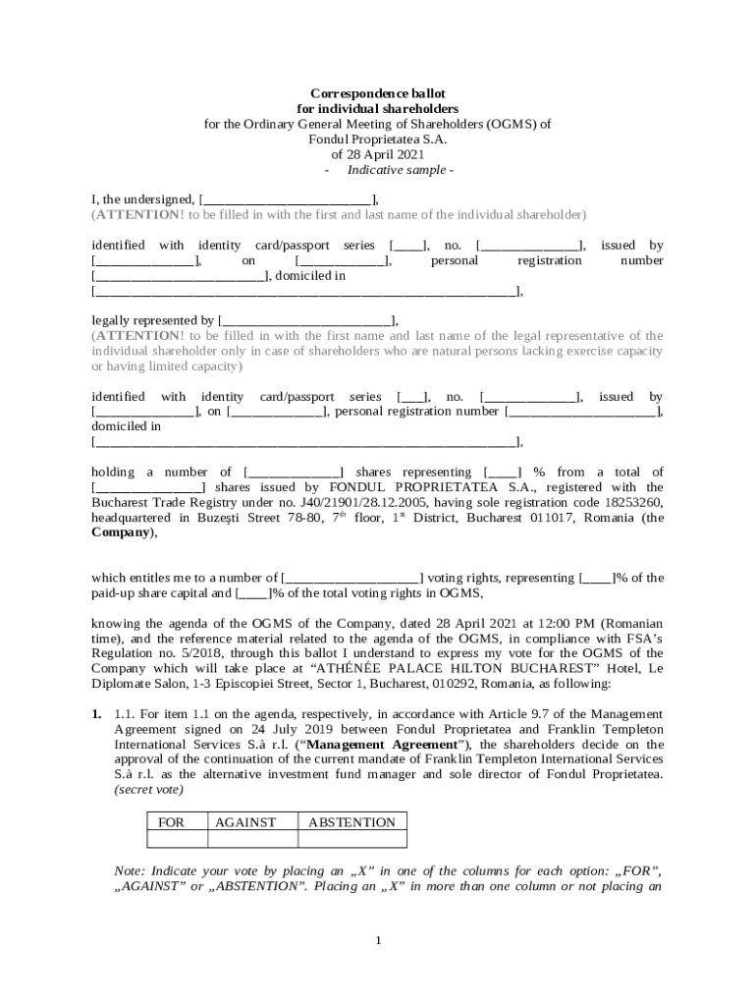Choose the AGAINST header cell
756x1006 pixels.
(x=245, y=822)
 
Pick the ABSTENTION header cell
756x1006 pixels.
(x=351, y=822)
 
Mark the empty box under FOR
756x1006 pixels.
(x=177, y=839)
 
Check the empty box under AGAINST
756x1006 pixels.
(x=245, y=839)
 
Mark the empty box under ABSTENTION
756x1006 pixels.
(x=351, y=839)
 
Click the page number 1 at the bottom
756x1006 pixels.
(x=378, y=941)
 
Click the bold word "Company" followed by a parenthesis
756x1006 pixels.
(x=122, y=533)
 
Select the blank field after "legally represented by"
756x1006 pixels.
(x=306, y=320)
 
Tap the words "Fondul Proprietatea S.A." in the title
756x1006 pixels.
(x=378, y=140)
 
